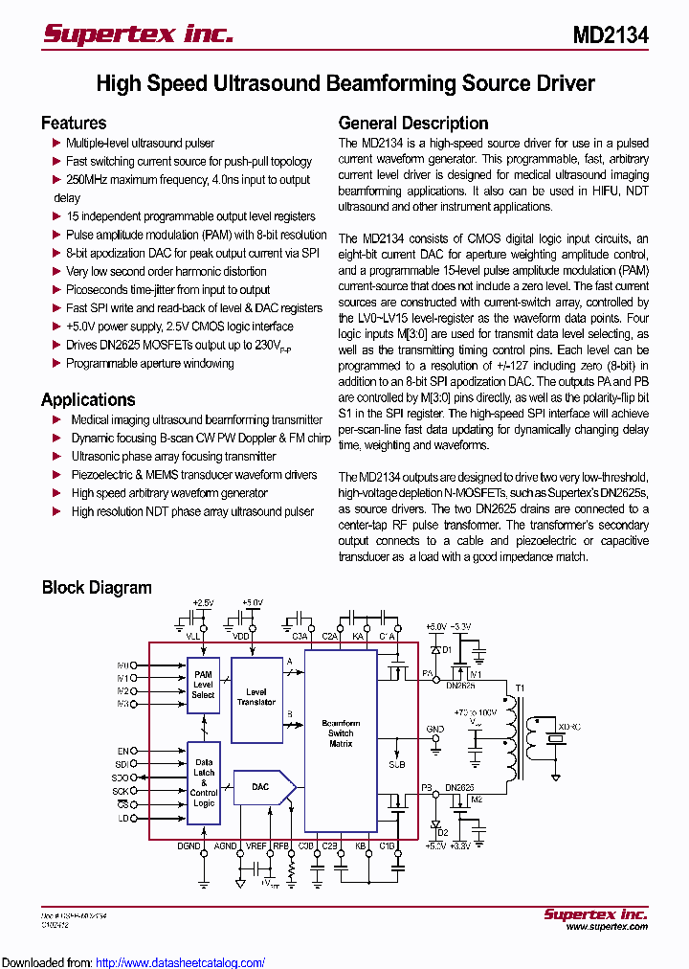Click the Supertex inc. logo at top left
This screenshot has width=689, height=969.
coord(138,34)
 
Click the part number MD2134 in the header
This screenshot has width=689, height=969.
coord(611,35)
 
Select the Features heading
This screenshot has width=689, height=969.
coord(74,123)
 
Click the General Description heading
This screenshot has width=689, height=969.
coord(413,123)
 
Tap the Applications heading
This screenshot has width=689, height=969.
coord(88,399)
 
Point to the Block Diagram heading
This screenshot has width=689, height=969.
coord(97,587)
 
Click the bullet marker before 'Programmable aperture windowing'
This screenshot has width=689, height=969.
coord(56,364)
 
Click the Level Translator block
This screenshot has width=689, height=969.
coord(256,696)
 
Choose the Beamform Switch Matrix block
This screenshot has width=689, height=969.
coord(341,732)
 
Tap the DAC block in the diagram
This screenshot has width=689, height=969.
coord(260,787)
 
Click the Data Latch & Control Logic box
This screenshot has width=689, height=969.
coord(203,782)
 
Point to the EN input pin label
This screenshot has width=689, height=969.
coord(122,751)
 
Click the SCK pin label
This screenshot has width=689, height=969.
coord(121,792)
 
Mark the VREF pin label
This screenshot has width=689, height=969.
coord(256,845)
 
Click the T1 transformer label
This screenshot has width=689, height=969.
coord(521,688)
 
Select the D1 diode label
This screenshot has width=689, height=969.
coord(444,650)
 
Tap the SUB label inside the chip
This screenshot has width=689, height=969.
coord(396,765)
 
